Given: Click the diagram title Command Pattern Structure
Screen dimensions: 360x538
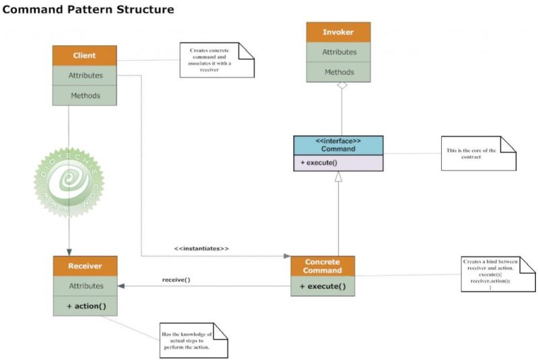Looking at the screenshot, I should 89,10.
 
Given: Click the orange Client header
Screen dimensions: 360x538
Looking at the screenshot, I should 85,55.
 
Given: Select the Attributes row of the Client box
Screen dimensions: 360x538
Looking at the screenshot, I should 85,75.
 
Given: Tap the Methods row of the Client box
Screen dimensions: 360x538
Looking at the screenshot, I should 85,96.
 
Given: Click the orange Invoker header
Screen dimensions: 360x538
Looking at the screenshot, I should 338,32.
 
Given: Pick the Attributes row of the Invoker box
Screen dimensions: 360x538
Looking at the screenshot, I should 338,52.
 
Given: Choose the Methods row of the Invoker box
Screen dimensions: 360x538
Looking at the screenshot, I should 338,72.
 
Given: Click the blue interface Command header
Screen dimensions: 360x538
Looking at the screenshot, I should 338,144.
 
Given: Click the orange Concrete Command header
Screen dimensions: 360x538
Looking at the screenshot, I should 322,266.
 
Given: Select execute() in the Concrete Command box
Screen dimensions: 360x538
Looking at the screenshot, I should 322,287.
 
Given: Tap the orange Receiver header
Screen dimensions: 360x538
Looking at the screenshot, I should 84,265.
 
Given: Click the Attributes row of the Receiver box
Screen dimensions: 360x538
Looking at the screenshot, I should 84,286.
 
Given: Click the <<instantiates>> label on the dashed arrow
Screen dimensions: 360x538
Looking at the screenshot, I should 202,248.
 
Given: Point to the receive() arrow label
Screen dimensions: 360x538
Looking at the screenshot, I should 176,279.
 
